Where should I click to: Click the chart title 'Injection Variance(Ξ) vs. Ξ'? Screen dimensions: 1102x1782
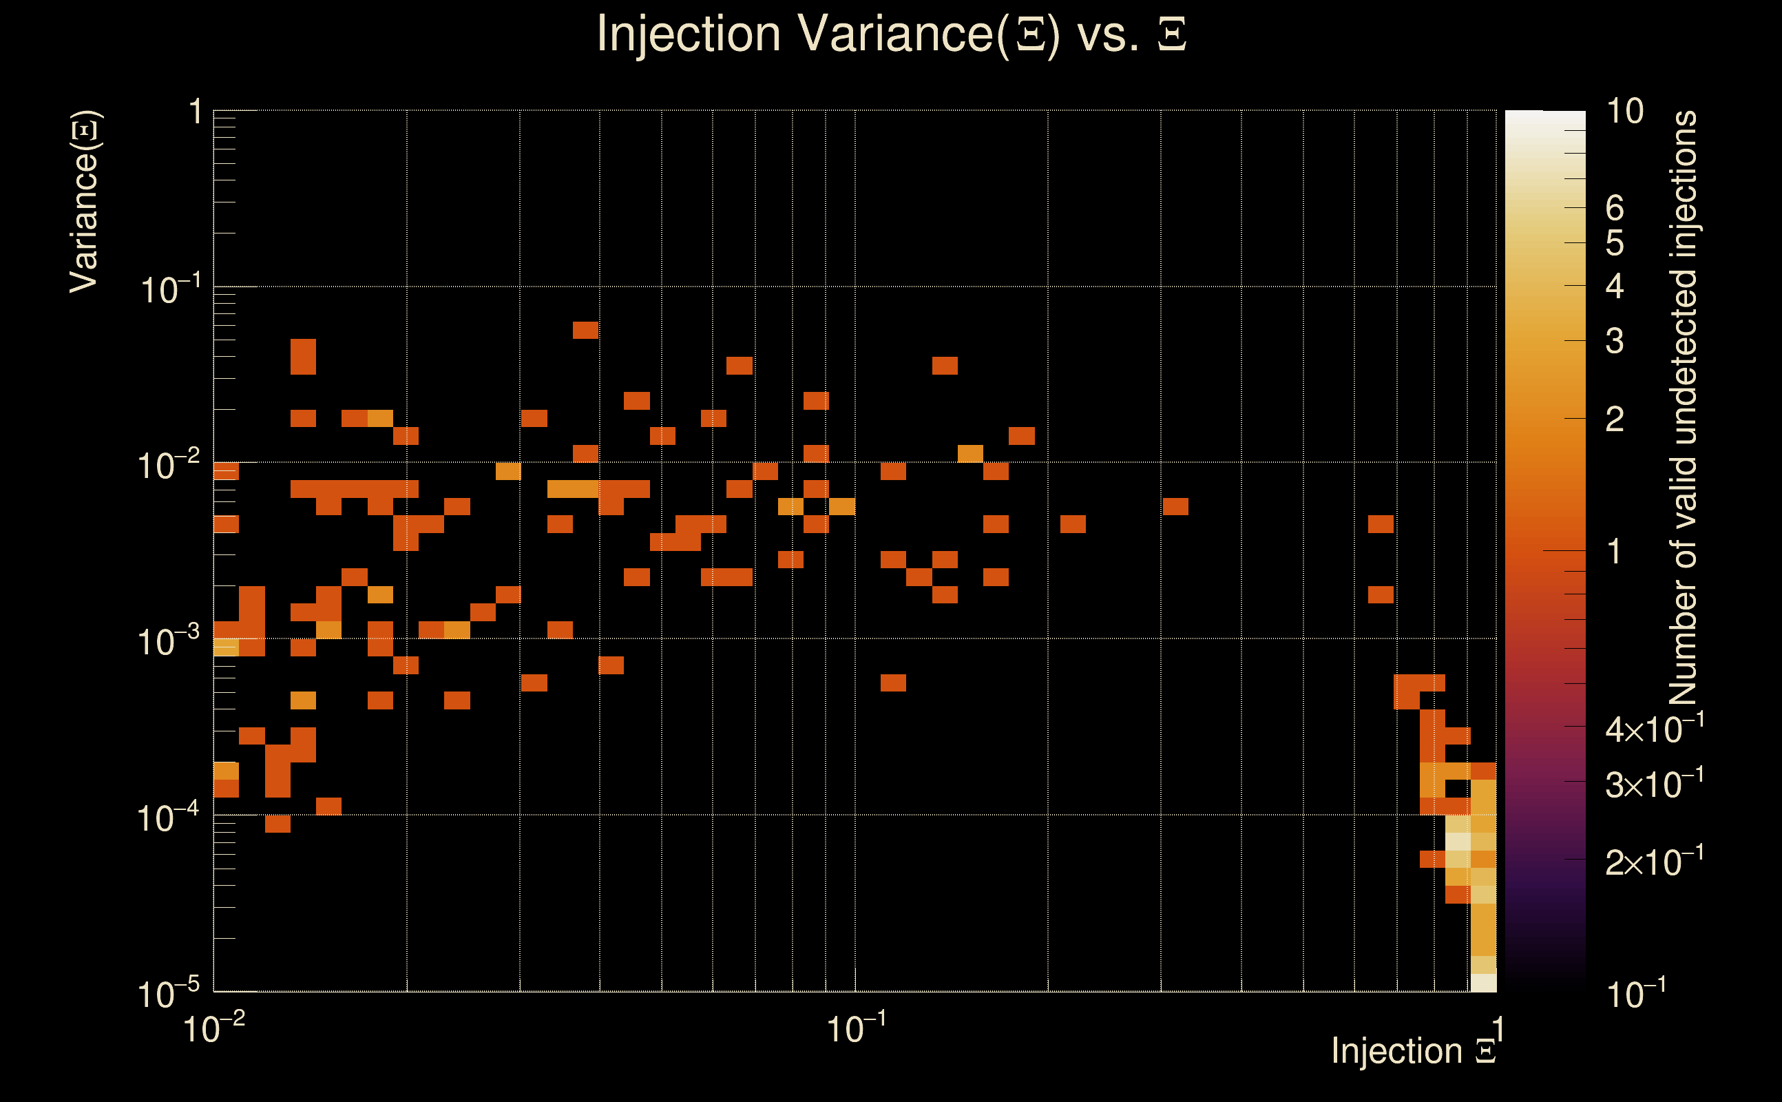point(891,34)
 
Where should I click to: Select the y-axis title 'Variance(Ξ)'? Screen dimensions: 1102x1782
point(84,202)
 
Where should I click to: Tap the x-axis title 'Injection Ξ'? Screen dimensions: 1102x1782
point(1414,1050)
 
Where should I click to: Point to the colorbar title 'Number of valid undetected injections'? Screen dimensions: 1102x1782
point(1683,408)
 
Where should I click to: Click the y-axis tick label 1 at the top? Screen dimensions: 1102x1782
point(195,113)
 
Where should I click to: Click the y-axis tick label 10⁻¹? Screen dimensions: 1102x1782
point(169,290)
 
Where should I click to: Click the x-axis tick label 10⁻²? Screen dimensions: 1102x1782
point(213,1028)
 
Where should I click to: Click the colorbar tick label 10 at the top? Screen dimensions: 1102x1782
point(1624,112)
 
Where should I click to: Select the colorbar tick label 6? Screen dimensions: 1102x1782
point(1615,209)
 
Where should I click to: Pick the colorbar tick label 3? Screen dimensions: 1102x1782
point(1615,341)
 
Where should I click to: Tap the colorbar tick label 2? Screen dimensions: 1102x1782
point(1615,419)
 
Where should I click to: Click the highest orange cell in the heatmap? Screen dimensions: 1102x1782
point(585,330)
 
